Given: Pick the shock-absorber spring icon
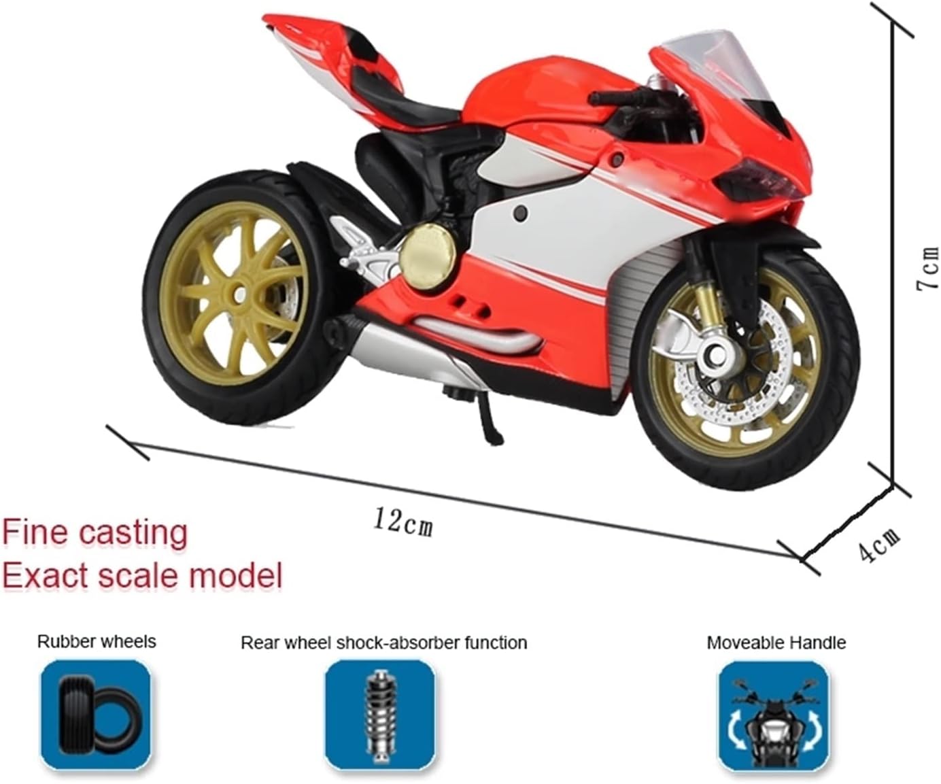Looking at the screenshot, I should pyautogui.click(x=379, y=714).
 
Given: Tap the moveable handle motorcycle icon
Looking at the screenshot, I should pyautogui.click(x=774, y=715).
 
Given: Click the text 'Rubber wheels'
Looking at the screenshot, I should pyautogui.click(x=97, y=641).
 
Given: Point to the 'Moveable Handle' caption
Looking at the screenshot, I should pyautogui.click(x=776, y=643).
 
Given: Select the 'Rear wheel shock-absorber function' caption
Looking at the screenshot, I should pyautogui.click(x=383, y=643).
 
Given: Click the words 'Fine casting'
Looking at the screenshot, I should pyautogui.click(x=95, y=532).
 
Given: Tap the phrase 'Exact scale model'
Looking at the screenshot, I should pyautogui.click(x=141, y=575).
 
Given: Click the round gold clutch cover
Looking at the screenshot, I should pyautogui.click(x=427, y=253).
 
